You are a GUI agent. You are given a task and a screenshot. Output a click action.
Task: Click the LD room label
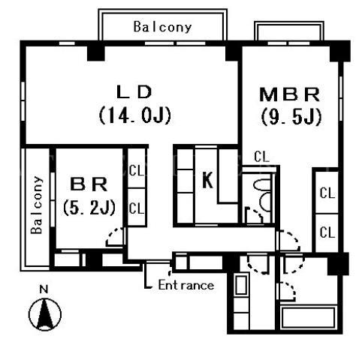134,91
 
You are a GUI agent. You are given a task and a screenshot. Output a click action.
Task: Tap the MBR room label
290,94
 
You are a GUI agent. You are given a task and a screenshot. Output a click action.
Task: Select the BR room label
89,184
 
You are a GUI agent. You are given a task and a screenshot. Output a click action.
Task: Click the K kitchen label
207,180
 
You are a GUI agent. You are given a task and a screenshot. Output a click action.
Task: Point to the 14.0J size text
135,115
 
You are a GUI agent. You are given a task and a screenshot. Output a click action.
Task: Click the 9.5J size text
291,117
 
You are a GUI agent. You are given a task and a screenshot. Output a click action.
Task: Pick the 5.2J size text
89,208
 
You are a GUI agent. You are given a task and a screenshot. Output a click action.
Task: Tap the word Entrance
186,285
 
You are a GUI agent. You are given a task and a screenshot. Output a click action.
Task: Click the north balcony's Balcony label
163,27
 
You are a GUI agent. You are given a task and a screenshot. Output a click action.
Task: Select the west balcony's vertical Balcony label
37,205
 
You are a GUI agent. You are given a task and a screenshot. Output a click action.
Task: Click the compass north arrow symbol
45,314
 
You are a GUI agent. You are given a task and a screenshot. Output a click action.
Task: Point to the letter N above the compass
44,289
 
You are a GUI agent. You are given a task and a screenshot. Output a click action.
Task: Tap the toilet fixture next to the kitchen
263,193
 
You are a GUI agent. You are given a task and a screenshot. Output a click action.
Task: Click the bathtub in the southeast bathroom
309,317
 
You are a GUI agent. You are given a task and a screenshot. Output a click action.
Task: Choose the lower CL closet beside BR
137,207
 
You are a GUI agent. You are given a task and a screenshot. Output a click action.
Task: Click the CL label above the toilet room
261,157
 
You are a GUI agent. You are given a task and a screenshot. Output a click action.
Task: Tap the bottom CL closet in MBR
327,232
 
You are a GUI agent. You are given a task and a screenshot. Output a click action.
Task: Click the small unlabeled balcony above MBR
289,31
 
